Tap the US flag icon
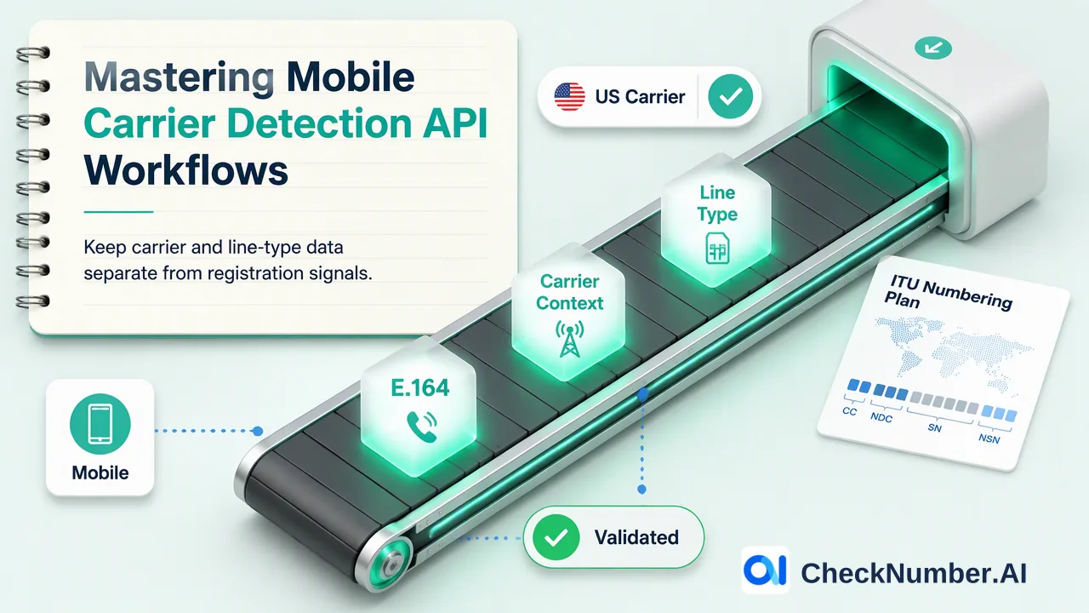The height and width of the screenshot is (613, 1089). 570,96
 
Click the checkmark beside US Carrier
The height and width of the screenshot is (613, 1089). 730,96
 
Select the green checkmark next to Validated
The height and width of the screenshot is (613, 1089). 556,537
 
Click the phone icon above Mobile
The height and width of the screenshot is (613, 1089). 100,424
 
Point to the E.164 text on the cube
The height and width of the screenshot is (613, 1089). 420,387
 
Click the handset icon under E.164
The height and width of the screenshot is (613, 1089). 421,427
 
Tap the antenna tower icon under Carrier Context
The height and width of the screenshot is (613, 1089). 570,339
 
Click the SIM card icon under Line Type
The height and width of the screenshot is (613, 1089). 717,248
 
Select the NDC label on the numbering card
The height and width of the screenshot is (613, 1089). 881,417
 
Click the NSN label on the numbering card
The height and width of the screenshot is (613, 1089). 989,438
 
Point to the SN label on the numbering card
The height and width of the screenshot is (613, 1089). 934,428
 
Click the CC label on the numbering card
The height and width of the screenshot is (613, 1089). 849,411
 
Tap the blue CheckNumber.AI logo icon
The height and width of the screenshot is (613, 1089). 765,570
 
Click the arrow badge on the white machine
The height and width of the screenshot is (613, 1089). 933,49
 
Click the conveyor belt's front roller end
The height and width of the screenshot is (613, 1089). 391,565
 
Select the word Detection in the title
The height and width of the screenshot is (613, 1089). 319,123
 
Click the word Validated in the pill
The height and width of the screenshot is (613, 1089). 636,537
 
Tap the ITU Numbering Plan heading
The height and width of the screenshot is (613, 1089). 948,293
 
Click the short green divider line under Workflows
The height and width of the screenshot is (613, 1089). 118,212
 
